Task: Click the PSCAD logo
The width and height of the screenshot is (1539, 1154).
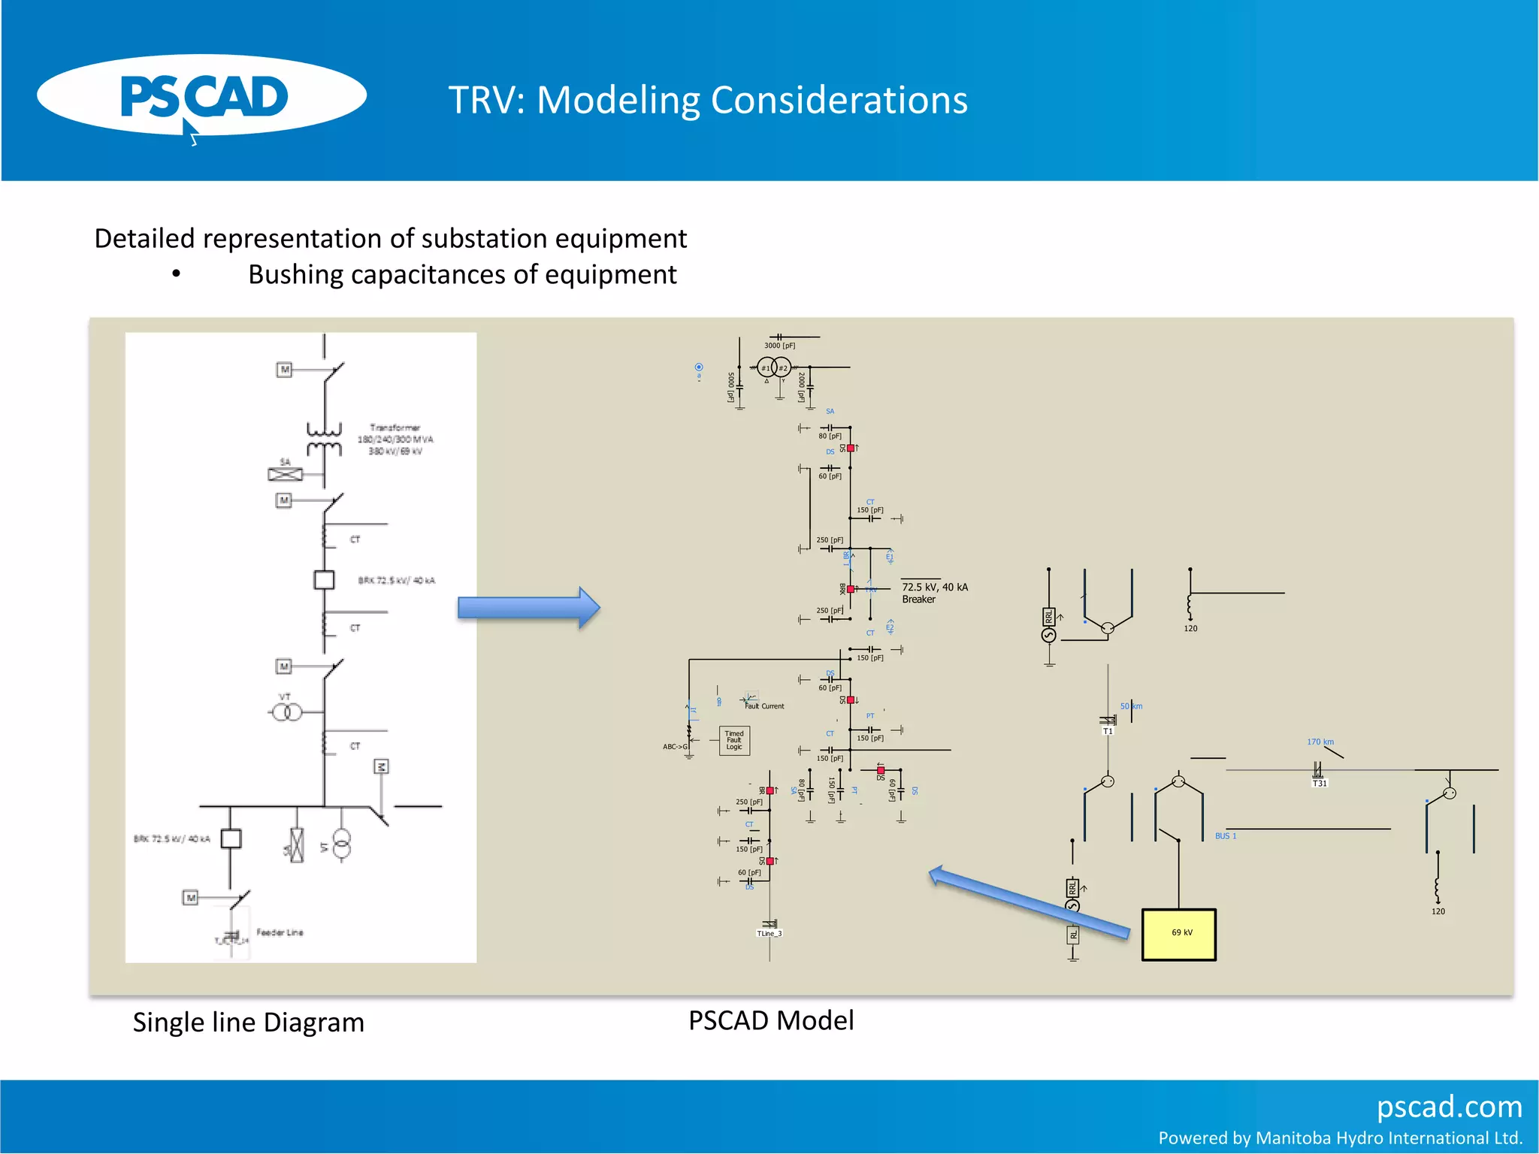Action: pos(201,96)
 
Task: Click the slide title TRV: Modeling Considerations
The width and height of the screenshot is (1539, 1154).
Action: pos(707,100)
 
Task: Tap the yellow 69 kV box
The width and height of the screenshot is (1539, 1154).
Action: pos(1178,934)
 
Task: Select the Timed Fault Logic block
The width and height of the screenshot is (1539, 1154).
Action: pos(734,740)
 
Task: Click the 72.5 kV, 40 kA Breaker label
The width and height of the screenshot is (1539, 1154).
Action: pos(934,593)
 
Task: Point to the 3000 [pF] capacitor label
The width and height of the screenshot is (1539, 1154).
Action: pos(779,346)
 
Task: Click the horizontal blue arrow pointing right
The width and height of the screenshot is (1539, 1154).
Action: pos(528,607)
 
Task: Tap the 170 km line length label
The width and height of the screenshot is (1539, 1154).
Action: pos(1320,742)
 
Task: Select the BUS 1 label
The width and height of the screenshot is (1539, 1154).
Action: pos(1225,835)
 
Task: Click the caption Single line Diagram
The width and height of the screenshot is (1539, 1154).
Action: pos(248,1023)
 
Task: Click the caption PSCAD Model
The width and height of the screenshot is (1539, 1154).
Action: pos(771,1020)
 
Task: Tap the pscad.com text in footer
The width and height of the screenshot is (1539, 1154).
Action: pos(1449,1107)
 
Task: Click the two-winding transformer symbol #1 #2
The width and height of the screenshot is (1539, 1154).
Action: pos(774,367)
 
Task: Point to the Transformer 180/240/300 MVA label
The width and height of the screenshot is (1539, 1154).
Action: pos(395,439)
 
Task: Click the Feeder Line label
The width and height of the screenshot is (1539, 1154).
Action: pos(280,932)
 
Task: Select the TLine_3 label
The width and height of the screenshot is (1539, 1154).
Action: pos(769,933)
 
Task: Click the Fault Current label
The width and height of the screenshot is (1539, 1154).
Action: pos(764,706)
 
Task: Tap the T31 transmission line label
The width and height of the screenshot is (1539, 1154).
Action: pos(1320,783)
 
